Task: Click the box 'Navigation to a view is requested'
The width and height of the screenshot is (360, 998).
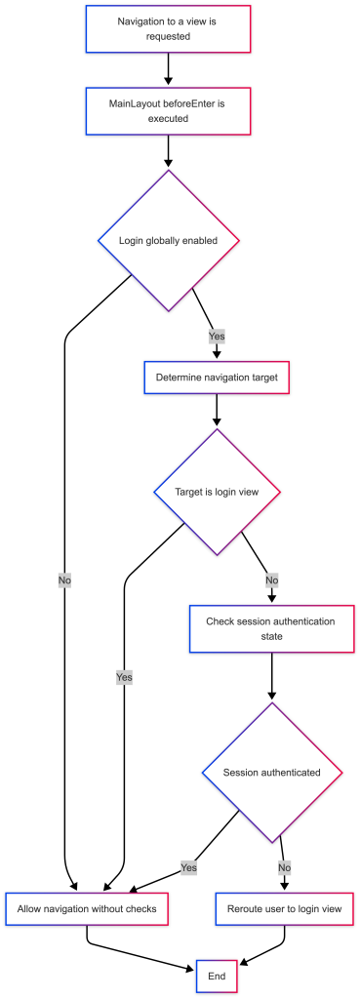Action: click(x=168, y=29)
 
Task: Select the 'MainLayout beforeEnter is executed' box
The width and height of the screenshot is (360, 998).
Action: click(x=168, y=111)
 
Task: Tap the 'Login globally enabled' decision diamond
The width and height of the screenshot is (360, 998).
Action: click(x=169, y=241)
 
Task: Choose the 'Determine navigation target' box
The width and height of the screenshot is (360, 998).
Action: click(x=217, y=378)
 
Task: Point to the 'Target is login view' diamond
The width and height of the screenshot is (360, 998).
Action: click(x=217, y=492)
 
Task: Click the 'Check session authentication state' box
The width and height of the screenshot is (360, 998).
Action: click(x=270, y=628)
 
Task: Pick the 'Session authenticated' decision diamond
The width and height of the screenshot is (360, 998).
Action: click(x=271, y=773)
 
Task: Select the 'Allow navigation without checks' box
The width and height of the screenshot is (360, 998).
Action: click(x=87, y=908)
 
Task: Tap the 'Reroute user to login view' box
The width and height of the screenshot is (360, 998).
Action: click(x=284, y=908)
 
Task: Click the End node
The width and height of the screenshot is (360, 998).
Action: click(x=217, y=976)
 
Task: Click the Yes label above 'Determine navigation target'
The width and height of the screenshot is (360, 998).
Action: click(x=217, y=337)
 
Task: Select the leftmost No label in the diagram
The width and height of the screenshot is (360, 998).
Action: click(x=65, y=580)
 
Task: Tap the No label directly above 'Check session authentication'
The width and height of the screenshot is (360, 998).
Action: click(x=272, y=580)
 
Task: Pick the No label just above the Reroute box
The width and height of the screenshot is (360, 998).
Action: click(x=285, y=867)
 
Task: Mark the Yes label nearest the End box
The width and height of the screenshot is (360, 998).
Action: click(x=189, y=867)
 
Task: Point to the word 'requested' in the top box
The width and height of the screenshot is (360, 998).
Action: click(x=168, y=37)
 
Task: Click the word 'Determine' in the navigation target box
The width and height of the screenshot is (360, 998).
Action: click(x=178, y=378)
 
